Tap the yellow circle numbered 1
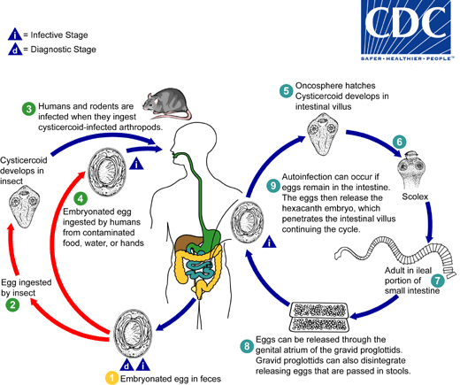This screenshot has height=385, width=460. point(111,377)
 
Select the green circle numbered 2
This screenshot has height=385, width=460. point(12,305)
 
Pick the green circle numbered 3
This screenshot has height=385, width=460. point(29,109)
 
